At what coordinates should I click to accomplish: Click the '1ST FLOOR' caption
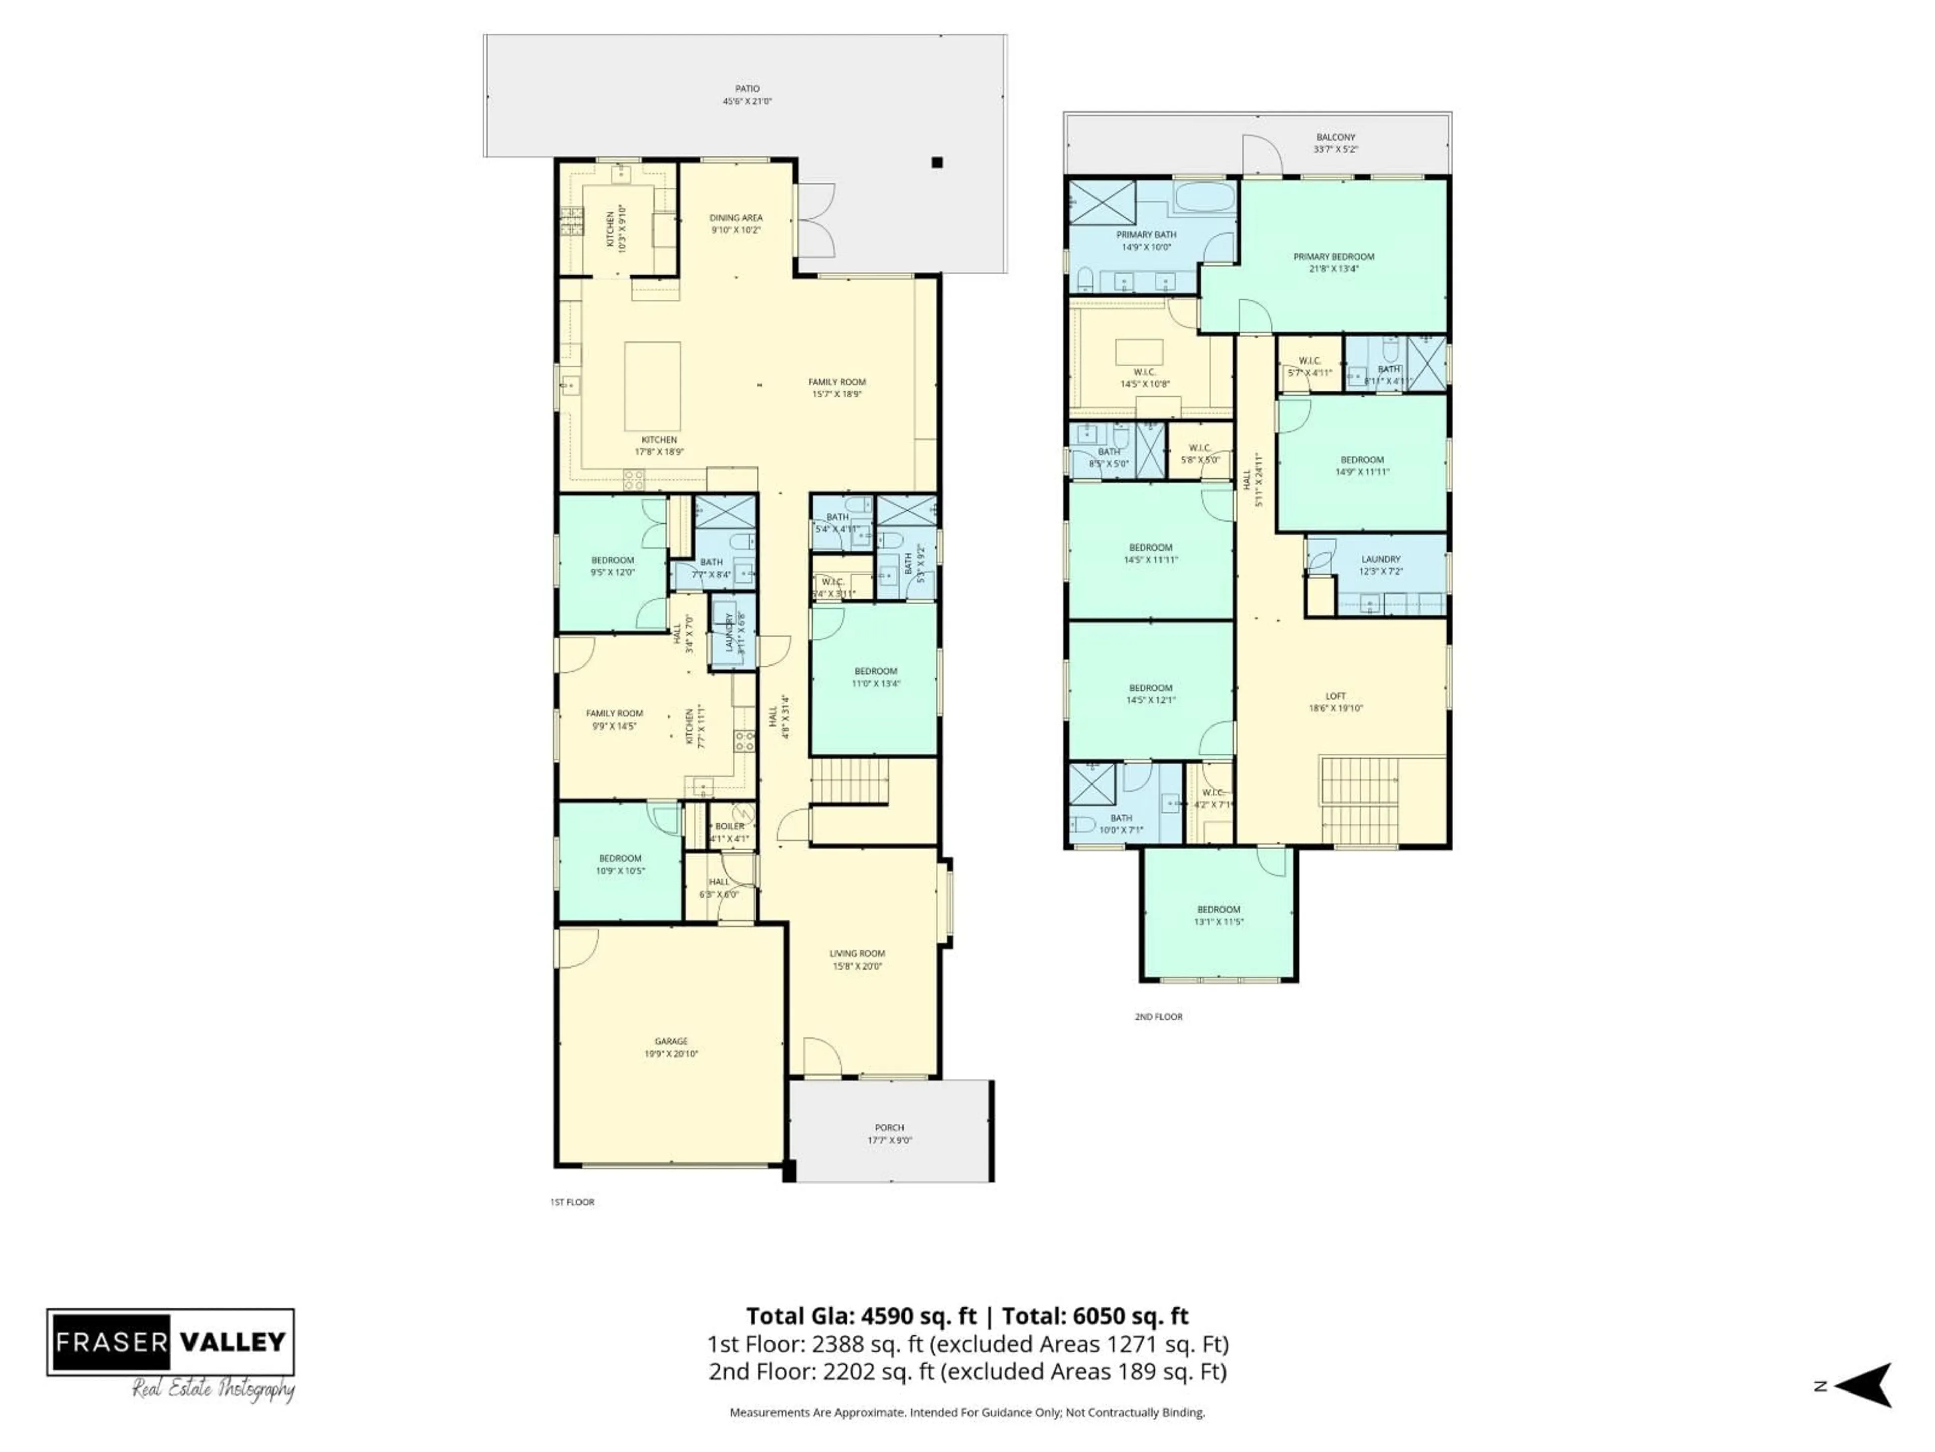coord(572,1202)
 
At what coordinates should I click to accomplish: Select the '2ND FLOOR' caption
coord(1158,1017)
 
